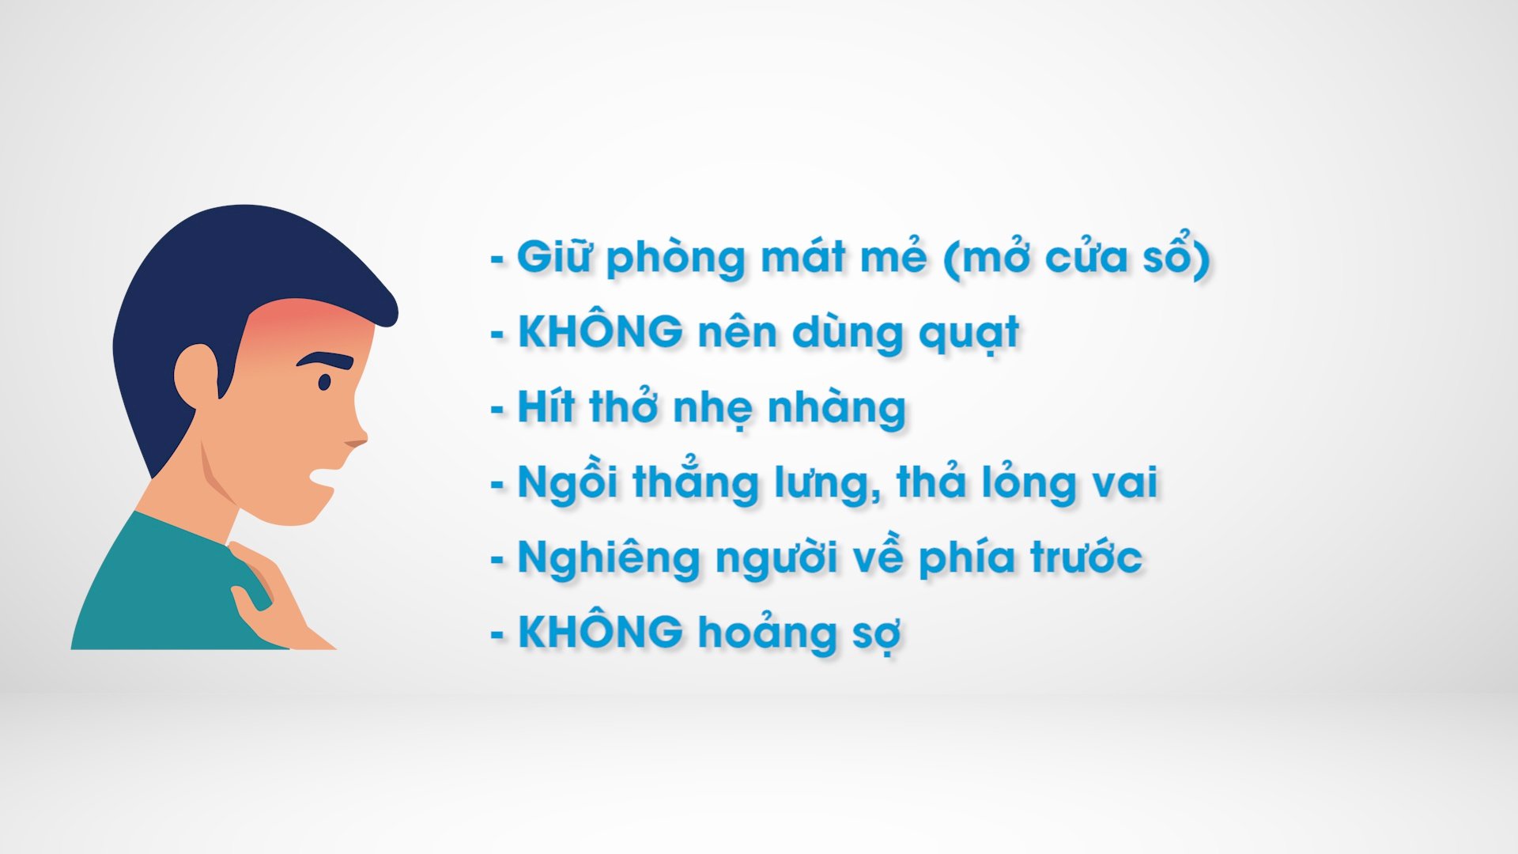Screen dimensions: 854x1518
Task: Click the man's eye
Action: click(x=324, y=383)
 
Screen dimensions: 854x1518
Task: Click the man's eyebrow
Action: click(x=326, y=359)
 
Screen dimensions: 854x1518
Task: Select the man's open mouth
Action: click(x=324, y=478)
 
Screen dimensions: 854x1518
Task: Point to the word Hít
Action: click(x=546, y=407)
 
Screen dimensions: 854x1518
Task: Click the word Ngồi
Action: click(x=567, y=482)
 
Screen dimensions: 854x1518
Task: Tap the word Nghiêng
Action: click(x=609, y=558)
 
